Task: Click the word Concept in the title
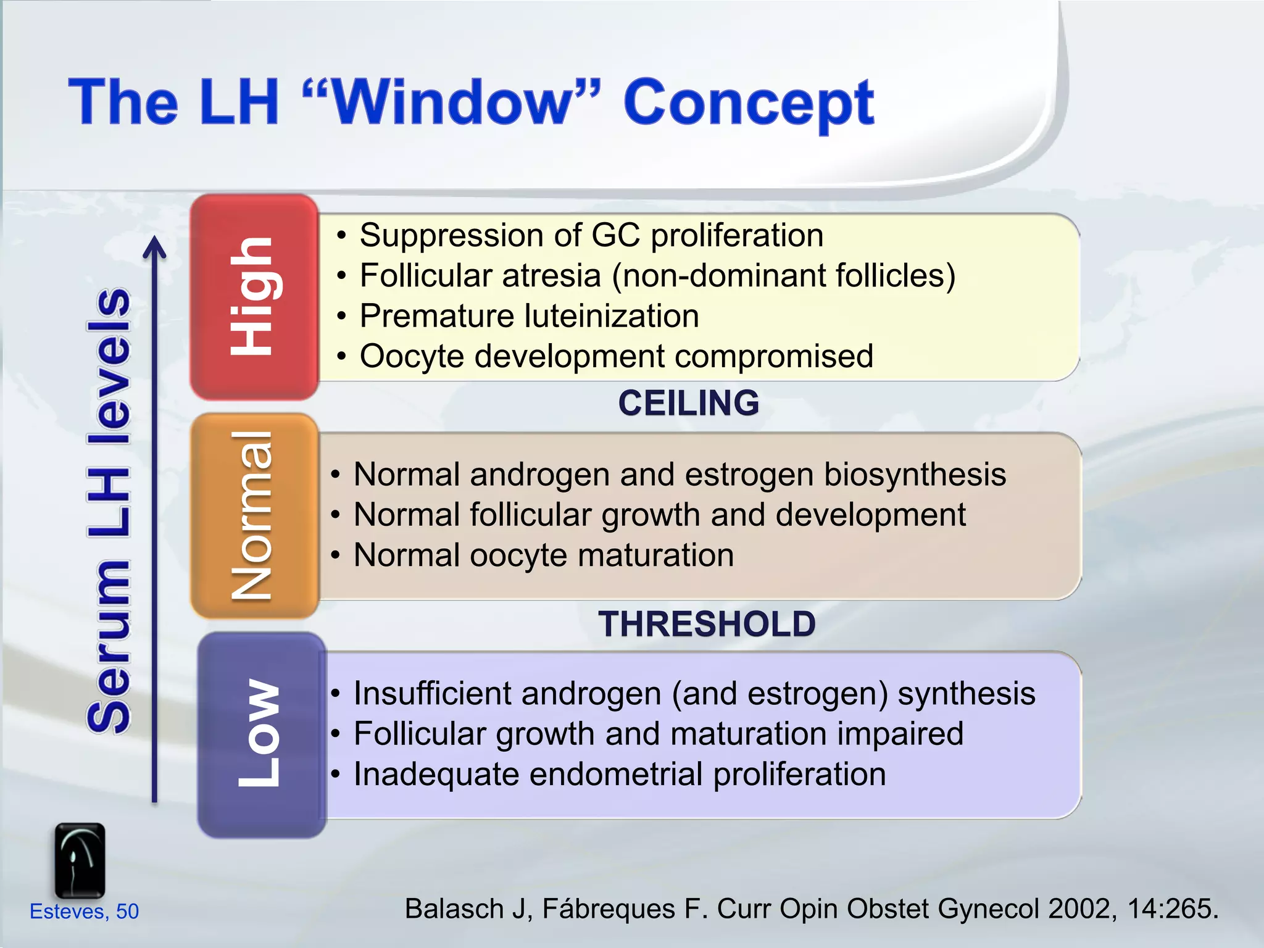748,104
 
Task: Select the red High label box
254,297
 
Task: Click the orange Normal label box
254,516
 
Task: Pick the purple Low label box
260,734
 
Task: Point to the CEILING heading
689,403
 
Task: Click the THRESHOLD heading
707,623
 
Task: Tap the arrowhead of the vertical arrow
155,246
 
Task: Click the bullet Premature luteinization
529,316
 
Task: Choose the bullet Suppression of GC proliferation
591,235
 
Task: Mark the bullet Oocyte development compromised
616,356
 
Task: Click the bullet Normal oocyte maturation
543,555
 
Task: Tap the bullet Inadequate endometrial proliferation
619,774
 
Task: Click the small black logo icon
80,860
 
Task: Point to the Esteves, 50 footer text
85,912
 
